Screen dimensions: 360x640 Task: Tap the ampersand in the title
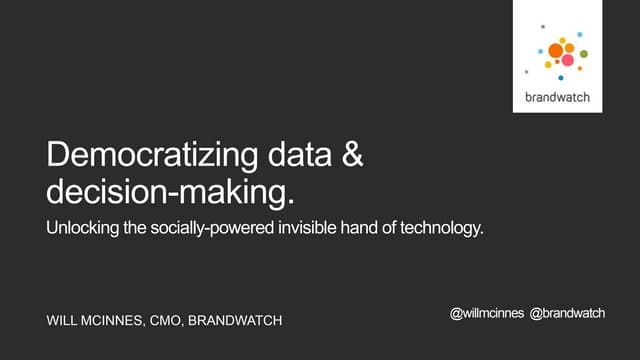click(x=352, y=157)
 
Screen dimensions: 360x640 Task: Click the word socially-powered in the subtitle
click(x=208, y=228)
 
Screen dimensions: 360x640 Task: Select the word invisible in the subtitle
click(x=304, y=228)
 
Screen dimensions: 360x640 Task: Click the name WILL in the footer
click(x=65, y=321)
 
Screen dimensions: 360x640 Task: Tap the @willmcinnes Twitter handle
click(x=487, y=314)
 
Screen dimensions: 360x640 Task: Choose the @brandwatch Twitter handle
click(x=567, y=314)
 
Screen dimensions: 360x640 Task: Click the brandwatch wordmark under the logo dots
click(x=557, y=97)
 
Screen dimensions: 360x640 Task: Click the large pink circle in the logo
click(x=567, y=60)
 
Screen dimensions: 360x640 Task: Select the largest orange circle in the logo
click(x=555, y=50)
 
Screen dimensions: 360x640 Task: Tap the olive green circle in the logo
click(x=583, y=54)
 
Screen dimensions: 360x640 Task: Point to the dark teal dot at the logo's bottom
click(x=560, y=77)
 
